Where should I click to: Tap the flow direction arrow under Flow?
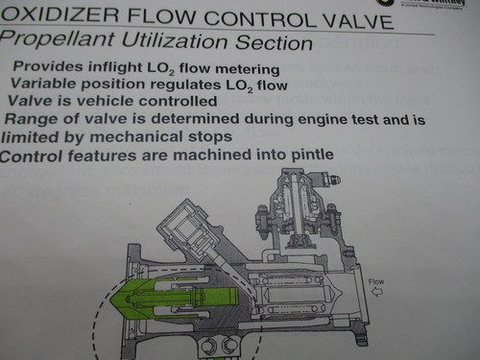pos(378,293)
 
